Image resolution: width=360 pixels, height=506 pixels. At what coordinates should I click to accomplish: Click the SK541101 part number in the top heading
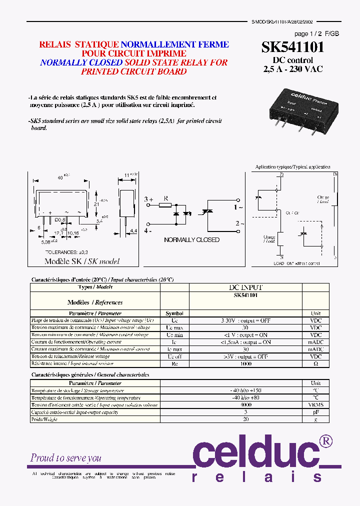pyautogui.click(x=293, y=47)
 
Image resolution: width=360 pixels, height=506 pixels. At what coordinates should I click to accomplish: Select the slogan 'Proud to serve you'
pyautogui.click(x=65, y=457)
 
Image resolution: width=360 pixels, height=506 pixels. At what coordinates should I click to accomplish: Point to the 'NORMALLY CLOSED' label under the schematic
pyautogui.click(x=191, y=240)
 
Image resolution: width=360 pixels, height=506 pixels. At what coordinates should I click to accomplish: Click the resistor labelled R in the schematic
pyautogui.click(x=165, y=205)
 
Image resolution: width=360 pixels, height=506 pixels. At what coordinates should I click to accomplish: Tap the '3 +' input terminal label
pyautogui.click(x=148, y=199)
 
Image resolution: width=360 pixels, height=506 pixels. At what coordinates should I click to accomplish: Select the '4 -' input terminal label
pyautogui.click(x=148, y=231)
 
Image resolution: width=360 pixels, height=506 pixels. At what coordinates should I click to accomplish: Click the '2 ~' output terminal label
pyautogui.click(x=239, y=224)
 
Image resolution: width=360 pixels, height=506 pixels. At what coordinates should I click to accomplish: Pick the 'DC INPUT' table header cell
pyautogui.click(x=245, y=287)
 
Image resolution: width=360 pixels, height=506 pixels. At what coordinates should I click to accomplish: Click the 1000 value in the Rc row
pyautogui.click(x=245, y=364)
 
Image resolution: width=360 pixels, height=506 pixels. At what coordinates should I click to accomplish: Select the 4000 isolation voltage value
pyautogui.click(x=245, y=405)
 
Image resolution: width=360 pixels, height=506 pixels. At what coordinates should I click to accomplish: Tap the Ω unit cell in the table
pyautogui.click(x=315, y=364)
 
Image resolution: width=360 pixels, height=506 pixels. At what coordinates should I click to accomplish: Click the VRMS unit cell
pyautogui.click(x=315, y=405)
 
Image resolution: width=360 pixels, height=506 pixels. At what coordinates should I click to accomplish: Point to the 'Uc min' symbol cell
pyautogui.click(x=174, y=334)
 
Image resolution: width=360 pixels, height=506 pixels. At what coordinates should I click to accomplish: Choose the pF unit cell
pyautogui.click(x=315, y=412)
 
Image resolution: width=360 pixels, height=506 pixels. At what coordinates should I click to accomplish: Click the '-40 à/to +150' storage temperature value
pyautogui.click(x=245, y=390)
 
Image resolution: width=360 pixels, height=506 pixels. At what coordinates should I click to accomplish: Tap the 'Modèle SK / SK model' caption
pyautogui.click(x=82, y=261)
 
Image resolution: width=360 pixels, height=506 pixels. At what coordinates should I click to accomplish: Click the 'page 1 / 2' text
pyautogui.click(x=308, y=34)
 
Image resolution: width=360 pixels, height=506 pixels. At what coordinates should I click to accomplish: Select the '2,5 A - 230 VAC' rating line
pyautogui.click(x=292, y=69)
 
